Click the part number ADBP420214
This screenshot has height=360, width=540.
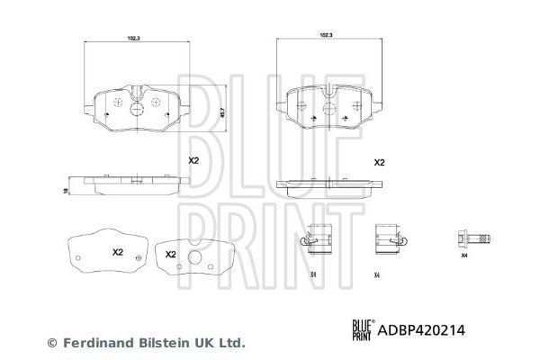coord(444,330)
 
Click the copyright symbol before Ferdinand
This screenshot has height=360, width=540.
coord(51,343)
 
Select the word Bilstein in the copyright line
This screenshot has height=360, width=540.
coord(157,343)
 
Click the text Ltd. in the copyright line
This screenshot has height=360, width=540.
coord(232,343)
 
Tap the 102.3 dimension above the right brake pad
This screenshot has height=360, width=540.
coord(327,34)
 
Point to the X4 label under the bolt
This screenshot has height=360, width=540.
coord(464,256)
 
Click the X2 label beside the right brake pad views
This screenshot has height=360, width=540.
coord(379,163)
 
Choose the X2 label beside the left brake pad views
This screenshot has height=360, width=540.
coord(192,161)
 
